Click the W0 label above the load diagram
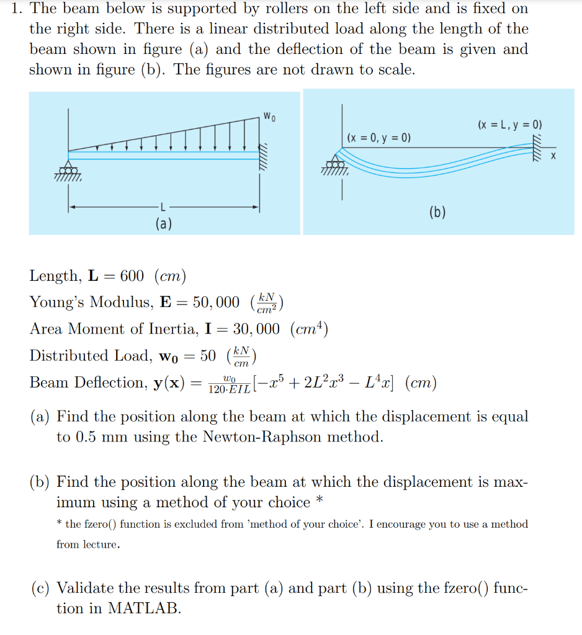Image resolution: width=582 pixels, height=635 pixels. [268, 115]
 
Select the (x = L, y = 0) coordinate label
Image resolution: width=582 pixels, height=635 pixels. [510, 125]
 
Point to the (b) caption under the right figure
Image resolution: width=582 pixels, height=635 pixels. [437, 213]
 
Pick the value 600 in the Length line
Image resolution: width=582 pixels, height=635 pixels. [131, 276]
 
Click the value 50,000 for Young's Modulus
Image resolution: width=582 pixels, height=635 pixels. [216, 303]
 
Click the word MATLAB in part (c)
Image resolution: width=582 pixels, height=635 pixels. [144, 608]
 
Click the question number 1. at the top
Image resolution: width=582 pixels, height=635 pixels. [18, 9]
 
